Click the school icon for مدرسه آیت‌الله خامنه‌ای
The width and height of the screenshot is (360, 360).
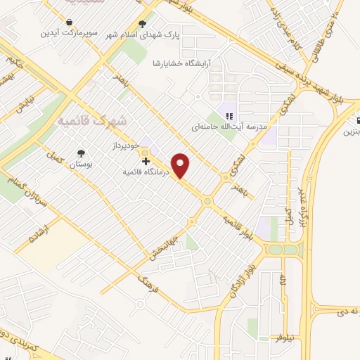pyautogui.click(x=229, y=117)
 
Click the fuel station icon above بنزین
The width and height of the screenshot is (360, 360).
pyautogui.click(x=357, y=120)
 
